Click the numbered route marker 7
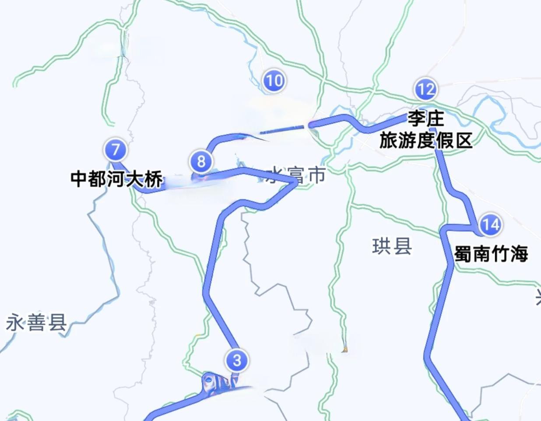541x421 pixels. (116, 150)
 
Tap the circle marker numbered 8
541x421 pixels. (201, 161)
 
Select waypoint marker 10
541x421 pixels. (274, 81)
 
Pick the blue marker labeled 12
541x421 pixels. (425, 90)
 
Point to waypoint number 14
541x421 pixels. (490, 225)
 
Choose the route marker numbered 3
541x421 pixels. (237, 360)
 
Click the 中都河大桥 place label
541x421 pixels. (117, 179)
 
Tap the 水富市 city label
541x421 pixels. (296, 175)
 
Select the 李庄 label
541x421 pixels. (425, 118)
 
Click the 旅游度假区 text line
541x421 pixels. (425, 141)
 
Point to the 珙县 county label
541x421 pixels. (392, 247)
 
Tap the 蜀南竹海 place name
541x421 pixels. (491, 254)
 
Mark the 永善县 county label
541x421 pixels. (36, 324)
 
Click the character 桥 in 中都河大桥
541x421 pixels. (154, 179)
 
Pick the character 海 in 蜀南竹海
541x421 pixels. (519, 254)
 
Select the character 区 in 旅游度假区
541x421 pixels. (463, 141)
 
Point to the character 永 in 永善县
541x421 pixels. (15, 324)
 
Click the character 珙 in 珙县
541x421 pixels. (381, 247)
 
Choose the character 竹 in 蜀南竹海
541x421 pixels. (500, 254)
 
